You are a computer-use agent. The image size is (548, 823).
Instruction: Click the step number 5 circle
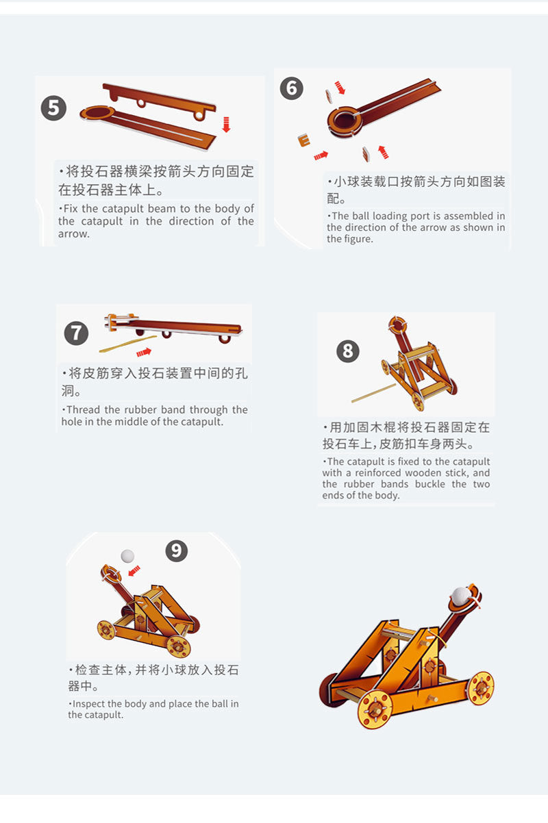coord(53,108)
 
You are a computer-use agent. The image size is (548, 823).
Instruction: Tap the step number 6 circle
coord(291,88)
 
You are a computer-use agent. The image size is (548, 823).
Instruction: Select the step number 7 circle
coord(76,333)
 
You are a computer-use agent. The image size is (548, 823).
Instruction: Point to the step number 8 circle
coord(348,351)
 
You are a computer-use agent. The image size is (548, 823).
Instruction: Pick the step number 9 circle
coord(177,550)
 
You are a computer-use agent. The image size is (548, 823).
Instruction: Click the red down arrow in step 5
coord(227,125)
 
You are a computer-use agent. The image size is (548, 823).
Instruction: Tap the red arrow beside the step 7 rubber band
coord(144,353)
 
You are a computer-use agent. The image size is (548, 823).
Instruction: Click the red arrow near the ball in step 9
coord(134,570)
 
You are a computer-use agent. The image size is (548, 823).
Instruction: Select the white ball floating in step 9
coord(127,556)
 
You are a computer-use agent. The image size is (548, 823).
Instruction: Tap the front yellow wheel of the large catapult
coord(375,709)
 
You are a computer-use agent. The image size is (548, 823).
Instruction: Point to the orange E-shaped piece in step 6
coord(304,140)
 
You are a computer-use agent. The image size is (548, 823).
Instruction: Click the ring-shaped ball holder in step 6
coord(345,122)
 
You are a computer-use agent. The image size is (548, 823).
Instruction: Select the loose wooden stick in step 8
coord(374,393)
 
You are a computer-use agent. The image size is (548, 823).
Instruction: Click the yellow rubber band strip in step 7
coord(128,344)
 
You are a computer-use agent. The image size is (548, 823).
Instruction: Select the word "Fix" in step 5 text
coord(71,209)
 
